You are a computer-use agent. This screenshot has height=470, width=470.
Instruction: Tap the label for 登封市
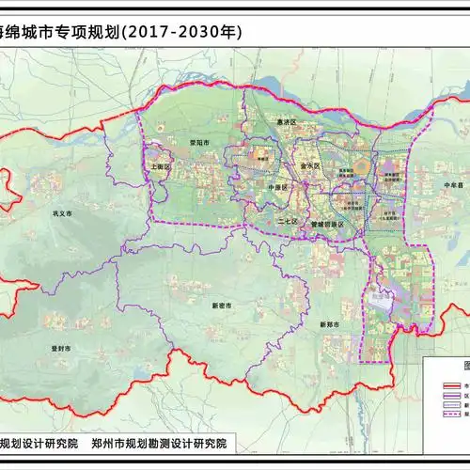[58, 348]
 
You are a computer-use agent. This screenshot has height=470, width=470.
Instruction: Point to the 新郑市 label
[329, 325]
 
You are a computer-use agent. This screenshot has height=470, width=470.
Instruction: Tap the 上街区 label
[159, 166]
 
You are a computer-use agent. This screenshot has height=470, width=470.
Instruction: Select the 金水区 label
[310, 164]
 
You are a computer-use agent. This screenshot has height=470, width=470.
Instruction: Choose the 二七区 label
[288, 221]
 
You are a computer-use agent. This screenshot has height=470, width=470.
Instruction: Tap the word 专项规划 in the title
[96, 31]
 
